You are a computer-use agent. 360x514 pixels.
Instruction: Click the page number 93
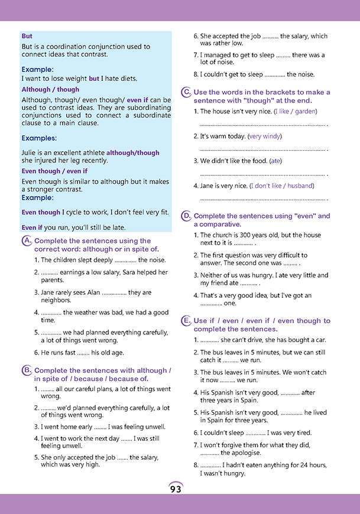point(176,489)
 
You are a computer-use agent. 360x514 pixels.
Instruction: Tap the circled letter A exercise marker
point(27,241)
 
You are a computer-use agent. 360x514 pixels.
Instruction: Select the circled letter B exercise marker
point(27,370)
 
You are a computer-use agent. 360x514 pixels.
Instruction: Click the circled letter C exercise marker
point(186,92)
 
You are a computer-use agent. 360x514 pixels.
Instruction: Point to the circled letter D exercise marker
point(186,216)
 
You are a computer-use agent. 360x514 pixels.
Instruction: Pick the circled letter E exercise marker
point(186,321)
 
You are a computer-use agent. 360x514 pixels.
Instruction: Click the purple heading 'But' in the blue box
point(27,36)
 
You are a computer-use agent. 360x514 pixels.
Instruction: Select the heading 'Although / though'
point(50,90)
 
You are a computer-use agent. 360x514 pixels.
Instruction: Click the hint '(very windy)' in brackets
point(265,136)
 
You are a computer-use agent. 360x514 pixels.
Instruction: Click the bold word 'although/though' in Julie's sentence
point(132,152)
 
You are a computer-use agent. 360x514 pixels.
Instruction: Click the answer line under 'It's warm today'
point(263,150)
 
